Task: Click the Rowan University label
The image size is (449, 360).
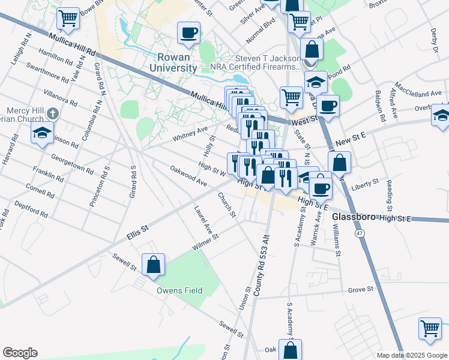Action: click(x=177, y=62)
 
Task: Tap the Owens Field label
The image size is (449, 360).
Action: click(x=179, y=290)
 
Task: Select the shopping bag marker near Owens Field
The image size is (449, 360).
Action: click(x=153, y=265)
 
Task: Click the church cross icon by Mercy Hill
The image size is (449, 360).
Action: click(x=53, y=112)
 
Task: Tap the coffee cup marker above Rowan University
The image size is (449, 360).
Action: click(x=189, y=32)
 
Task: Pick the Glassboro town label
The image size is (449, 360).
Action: click(x=354, y=217)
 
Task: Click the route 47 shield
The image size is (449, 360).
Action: click(x=359, y=232)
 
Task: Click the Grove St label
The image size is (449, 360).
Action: click(x=361, y=290)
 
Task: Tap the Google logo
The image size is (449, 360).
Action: click(x=20, y=353)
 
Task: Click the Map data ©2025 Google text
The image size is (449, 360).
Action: click(x=411, y=355)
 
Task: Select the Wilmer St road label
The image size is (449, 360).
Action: click(x=206, y=243)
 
